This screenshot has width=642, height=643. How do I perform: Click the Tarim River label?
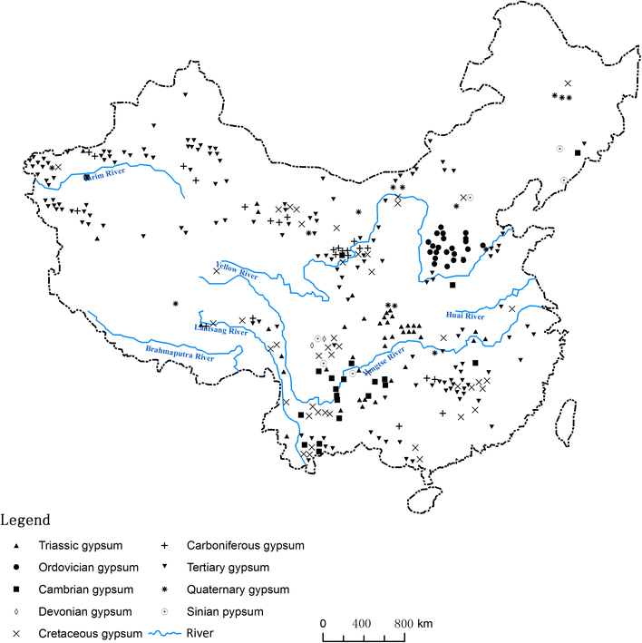(x=102, y=177)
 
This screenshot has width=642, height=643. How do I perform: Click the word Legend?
(x=25, y=521)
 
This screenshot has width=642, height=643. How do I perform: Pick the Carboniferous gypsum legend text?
(x=244, y=546)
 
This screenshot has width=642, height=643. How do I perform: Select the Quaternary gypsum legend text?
(x=238, y=589)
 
